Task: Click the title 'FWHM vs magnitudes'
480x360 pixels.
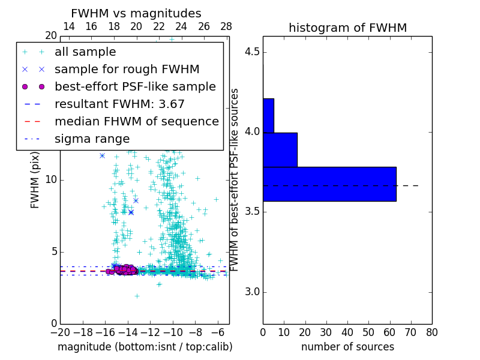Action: [x=136, y=13]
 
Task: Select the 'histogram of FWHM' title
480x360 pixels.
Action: [x=347, y=28]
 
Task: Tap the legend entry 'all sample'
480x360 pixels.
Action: [x=85, y=52]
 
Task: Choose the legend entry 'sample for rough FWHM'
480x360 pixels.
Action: [x=127, y=70]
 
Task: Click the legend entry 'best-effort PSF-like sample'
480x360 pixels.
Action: [x=135, y=87]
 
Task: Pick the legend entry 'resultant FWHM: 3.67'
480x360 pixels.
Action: [x=119, y=104]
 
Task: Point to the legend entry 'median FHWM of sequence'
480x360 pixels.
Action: [x=136, y=122]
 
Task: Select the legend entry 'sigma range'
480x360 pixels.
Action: [x=92, y=139]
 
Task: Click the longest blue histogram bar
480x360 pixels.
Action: [x=329, y=184]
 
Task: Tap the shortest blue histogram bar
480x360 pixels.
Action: [x=268, y=115]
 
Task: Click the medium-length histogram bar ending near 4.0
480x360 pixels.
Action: [x=280, y=149]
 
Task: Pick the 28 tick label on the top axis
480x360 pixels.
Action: [x=226, y=26]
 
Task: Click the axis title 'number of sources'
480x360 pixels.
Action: [x=347, y=347]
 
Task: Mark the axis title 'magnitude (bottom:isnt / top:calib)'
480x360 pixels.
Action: [x=145, y=347]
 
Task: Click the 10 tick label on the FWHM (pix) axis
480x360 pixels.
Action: [x=50, y=179]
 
